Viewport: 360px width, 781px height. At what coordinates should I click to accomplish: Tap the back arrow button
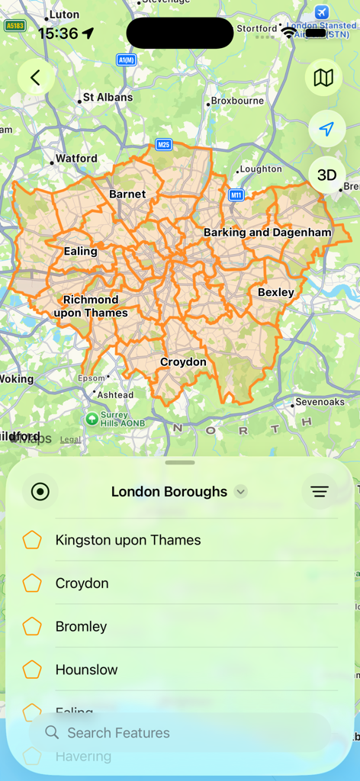(35, 77)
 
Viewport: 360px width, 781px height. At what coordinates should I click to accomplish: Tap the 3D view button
(326, 175)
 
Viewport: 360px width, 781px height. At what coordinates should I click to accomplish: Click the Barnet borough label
(127, 194)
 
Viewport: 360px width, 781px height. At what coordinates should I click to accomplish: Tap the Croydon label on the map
(183, 362)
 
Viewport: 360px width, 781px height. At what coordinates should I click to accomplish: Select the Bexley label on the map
(275, 292)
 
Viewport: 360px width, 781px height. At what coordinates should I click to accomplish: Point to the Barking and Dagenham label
(267, 232)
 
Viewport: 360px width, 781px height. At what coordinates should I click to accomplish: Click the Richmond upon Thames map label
(91, 306)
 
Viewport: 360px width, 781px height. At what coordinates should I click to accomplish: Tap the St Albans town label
(107, 98)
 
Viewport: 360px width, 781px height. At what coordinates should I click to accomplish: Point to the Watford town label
(76, 159)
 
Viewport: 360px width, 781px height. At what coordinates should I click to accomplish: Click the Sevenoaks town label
(320, 402)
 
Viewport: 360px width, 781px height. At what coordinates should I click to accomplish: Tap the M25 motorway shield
(163, 144)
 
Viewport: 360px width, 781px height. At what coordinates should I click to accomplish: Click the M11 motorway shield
(236, 194)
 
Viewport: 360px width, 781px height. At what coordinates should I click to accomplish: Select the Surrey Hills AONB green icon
(92, 418)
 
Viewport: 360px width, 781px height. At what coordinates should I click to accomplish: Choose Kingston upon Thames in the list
(128, 540)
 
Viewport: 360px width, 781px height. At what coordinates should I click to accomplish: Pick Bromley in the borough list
(81, 627)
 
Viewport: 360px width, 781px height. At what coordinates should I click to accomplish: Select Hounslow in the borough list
(86, 670)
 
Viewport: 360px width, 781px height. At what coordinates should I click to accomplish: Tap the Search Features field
(180, 733)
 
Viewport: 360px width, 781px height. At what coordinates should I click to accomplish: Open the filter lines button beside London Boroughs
(320, 492)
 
